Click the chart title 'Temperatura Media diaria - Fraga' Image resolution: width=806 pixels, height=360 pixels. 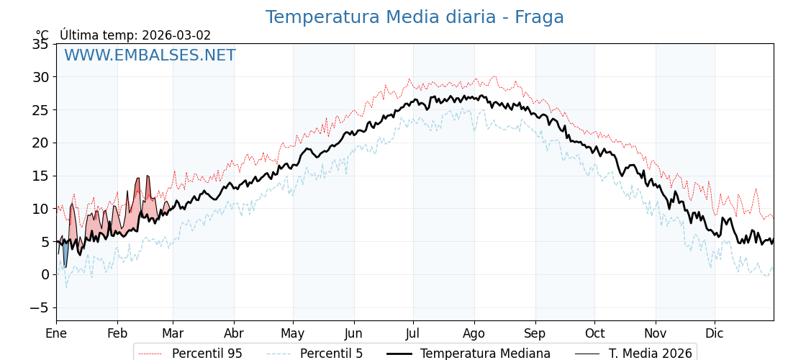coord(414,17)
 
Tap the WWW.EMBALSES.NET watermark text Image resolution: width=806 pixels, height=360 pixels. coord(150,55)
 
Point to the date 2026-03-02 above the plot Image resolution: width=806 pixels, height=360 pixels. coord(176,35)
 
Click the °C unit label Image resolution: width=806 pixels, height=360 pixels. coord(42,35)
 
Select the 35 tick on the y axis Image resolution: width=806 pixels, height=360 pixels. coord(40,45)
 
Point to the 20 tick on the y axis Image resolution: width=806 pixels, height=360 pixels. coord(40,143)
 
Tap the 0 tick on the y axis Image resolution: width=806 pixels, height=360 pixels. coord(45,274)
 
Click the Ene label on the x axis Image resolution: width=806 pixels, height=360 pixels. coord(56,333)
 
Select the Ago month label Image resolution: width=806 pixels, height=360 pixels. coord(474,333)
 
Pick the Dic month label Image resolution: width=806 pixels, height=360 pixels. coord(715,333)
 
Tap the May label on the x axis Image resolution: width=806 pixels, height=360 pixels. coord(293,333)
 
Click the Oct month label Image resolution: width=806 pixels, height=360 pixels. coord(594,333)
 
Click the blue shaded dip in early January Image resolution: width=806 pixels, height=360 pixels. coord(65,254)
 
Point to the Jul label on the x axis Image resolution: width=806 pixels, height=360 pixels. coord(413,333)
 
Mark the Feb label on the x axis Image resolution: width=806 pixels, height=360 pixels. coord(117,333)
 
